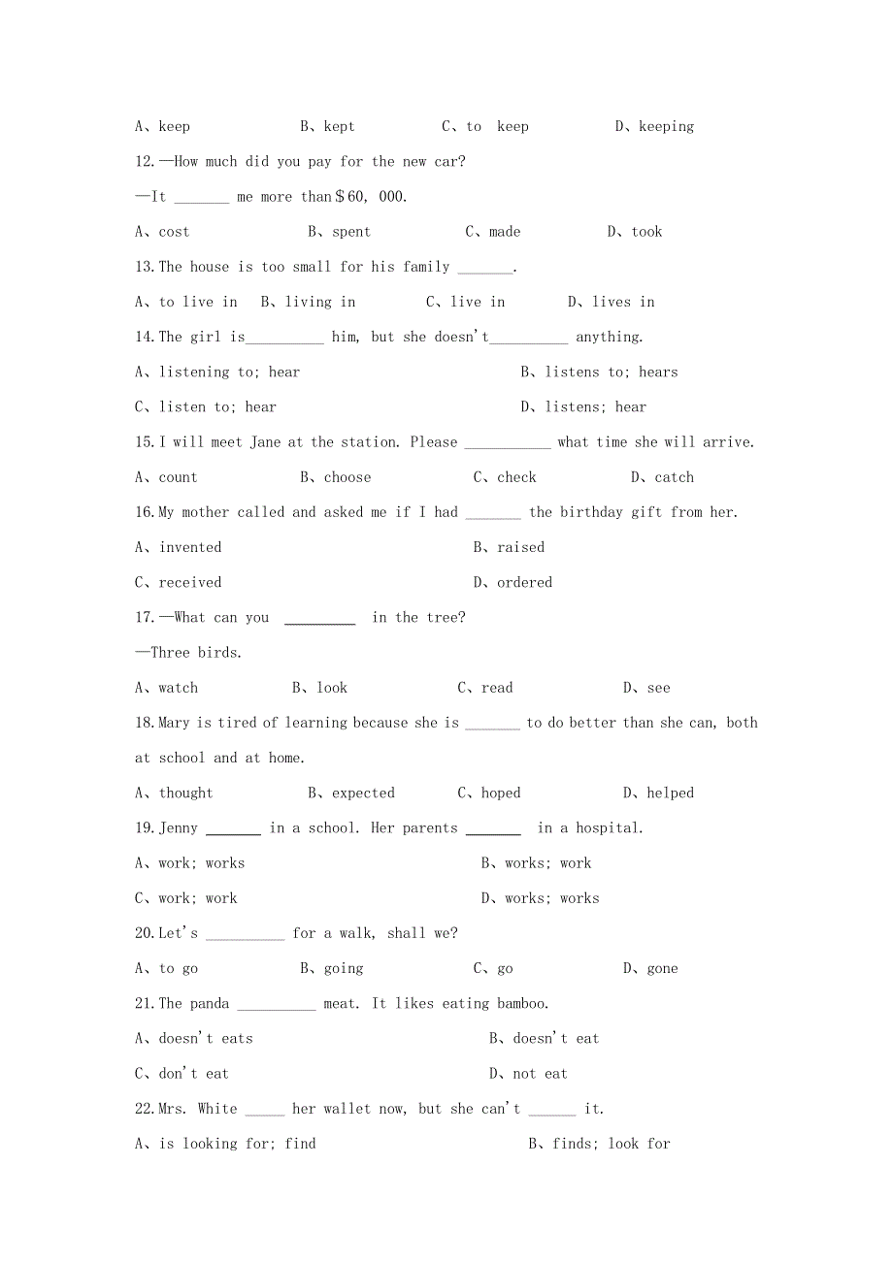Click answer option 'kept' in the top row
[339, 126]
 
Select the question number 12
[145, 162]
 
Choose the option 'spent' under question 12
[350, 232]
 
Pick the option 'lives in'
[623, 302]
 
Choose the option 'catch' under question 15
[674, 477]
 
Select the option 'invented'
[190, 547]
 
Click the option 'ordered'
[524, 582]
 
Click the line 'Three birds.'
[189, 653]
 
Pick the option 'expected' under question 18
[363, 793]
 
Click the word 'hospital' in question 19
[608, 828]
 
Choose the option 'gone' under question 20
[662, 968]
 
